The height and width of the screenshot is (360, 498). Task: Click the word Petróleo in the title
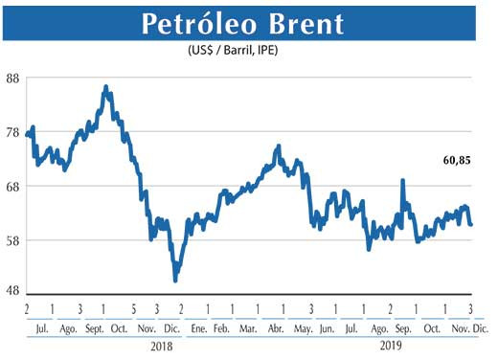198,25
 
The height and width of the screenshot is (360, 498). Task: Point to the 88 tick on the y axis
13,79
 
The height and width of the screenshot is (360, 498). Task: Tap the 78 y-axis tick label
13,133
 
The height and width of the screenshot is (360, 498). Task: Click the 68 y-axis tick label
13,187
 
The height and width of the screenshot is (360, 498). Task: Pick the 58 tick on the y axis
13,240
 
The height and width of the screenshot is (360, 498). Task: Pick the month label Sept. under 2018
94,328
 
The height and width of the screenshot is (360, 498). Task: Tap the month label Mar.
247,328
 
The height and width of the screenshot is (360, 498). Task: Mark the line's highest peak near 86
106,87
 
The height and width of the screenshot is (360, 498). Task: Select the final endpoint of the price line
471,224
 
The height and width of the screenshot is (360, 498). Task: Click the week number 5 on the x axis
131,308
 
